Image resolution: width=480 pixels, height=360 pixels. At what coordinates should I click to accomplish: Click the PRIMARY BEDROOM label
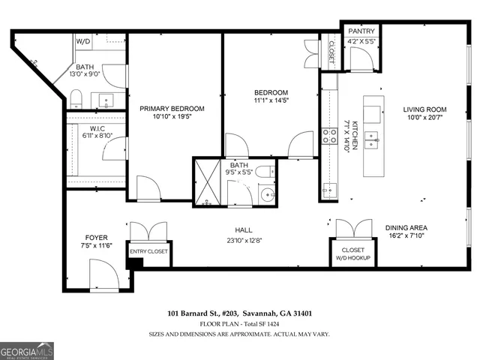(172, 109)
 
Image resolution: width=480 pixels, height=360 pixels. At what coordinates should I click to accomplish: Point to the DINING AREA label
(406, 228)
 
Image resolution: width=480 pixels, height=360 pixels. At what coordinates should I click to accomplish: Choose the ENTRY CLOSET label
(149, 252)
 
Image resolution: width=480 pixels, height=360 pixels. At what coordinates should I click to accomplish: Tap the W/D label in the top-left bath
(84, 41)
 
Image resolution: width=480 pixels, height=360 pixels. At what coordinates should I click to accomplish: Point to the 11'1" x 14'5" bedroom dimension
(271, 101)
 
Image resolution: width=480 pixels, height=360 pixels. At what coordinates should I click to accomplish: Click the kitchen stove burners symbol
(328, 136)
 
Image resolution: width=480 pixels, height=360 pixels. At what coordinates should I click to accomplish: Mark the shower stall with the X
(207, 181)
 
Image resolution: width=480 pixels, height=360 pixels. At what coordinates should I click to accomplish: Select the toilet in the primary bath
(76, 98)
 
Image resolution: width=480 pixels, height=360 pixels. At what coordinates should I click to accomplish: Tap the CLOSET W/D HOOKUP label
(352, 254)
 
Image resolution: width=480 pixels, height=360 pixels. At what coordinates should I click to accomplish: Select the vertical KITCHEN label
(346, 136)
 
